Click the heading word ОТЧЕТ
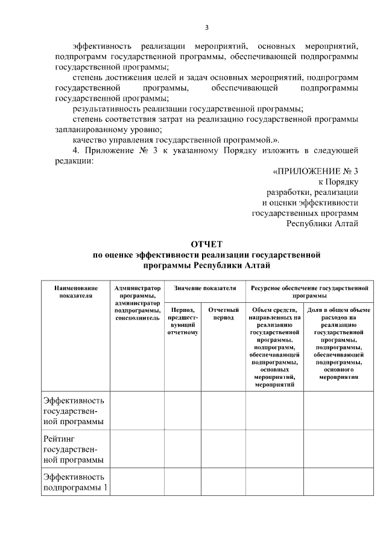[x=207, y=244]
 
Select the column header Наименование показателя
[x=75, y=292]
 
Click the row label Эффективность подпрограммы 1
[x=75, y=482]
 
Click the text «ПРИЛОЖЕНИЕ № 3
[x=315, y=171]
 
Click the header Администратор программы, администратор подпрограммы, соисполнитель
[x=138, y=301]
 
